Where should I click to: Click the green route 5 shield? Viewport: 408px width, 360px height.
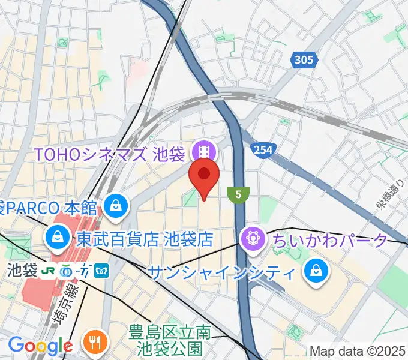(238, 194)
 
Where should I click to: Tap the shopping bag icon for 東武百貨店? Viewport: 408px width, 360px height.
(56, 239)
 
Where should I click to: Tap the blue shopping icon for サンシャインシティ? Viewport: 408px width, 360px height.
(315, 272)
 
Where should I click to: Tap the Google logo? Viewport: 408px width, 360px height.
(40, 346)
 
